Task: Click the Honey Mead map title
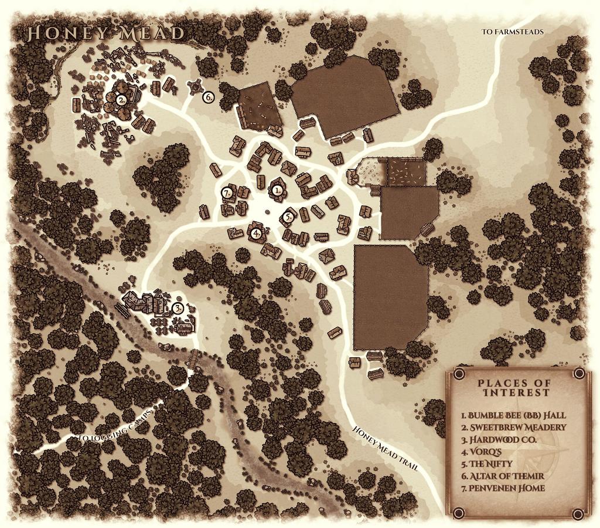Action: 106,33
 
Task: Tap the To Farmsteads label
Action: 512,32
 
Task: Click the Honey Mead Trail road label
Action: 385,447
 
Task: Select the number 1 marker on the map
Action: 278,189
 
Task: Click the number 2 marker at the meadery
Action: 121,100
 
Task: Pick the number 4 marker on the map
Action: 256,233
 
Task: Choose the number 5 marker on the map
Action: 288,216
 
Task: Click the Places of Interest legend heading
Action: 514,388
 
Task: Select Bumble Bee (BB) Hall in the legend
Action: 513,415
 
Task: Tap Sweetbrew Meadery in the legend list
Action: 513,427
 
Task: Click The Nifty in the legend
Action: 487,463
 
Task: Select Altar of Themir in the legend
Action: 503,476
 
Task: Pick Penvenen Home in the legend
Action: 503,488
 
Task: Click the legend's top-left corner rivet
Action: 459,374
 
